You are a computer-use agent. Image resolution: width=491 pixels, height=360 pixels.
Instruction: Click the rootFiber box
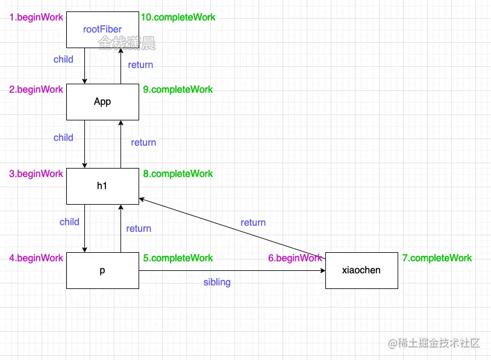[x=102, y=29]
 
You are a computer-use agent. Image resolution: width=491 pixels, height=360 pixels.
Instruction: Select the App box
[x=102, y=102]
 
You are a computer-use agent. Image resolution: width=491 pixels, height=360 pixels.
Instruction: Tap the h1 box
[x=102, y=186]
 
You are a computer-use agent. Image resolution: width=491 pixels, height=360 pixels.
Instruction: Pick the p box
[x=102, y=270]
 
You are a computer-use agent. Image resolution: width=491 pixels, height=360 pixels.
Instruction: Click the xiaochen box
[x=361, y=270]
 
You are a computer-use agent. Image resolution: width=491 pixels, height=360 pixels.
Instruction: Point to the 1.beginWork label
[x=36, y=17]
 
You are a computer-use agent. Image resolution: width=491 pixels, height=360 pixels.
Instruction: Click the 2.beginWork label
[x=36, y=90]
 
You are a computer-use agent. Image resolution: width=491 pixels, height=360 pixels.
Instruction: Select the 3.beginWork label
[x=36, y=174]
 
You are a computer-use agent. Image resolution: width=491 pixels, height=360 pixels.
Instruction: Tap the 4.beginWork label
[x=36, y=258]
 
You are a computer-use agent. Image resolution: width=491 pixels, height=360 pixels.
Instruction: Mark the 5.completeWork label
[x=178, y=258]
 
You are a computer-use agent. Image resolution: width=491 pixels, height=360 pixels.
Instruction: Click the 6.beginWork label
[x=295, y=258]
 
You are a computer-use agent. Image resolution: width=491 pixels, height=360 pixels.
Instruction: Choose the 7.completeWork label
[x=437, y=258]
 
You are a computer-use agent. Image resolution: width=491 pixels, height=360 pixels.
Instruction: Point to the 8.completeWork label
[x=178, y=174]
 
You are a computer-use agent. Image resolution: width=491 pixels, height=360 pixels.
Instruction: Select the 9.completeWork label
[x=178, y=90]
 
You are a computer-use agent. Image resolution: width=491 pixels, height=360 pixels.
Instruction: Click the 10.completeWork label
[x=178, y=17]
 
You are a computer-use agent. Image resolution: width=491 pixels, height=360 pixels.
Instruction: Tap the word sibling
[x=217, y=282]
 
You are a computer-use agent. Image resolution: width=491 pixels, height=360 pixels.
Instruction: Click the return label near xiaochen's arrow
[x=253, y=223]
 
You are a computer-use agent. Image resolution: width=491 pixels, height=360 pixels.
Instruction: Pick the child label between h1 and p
[x=69, y=222]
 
